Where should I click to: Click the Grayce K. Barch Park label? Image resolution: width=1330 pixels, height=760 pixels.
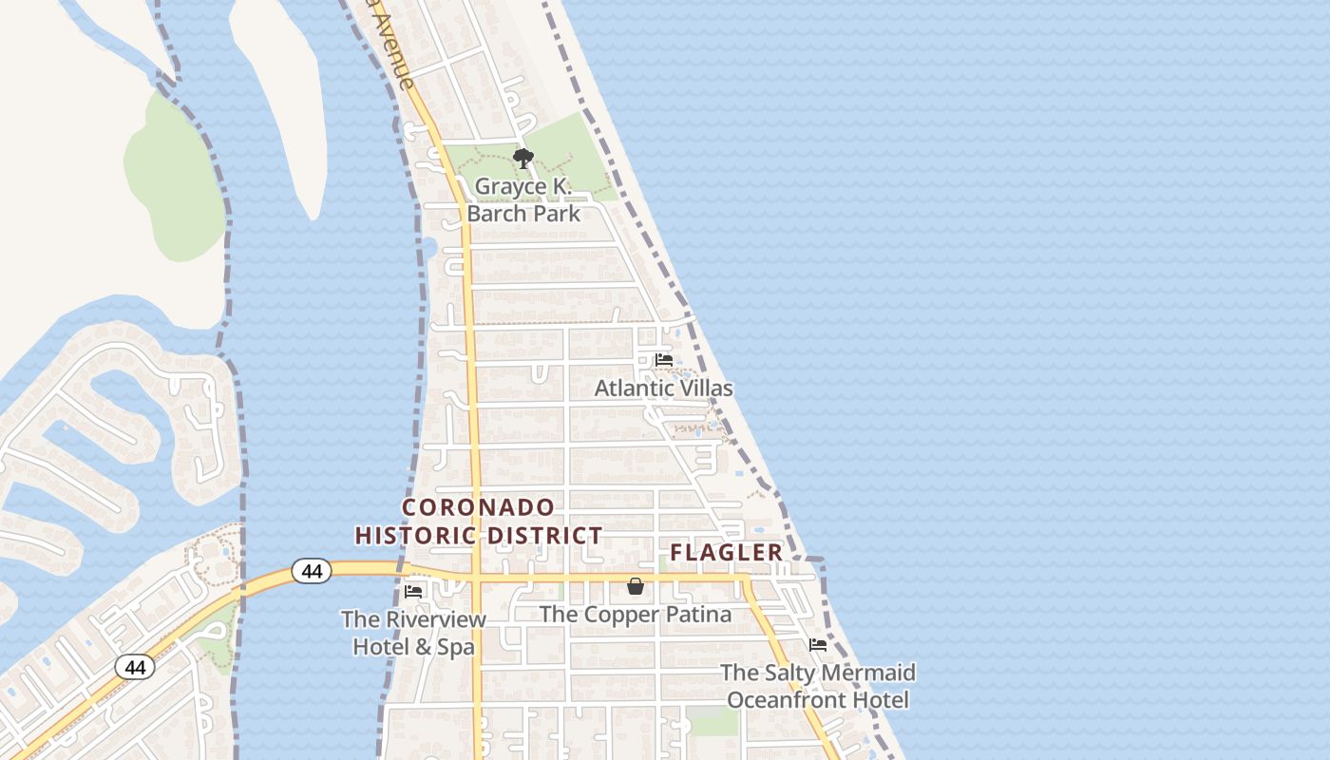pyautogui.click(x=523, y=199)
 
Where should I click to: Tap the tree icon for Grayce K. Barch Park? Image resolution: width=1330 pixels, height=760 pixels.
pyautogui.click(x=522, y=158)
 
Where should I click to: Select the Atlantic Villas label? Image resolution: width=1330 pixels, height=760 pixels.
pyautogui.click(x=663, y=388)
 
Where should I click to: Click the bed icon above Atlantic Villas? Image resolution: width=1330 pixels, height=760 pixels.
pyautogui.click(x=664, y=360)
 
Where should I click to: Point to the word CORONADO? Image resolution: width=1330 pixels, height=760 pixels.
pyautogui.click(x=478, y=507)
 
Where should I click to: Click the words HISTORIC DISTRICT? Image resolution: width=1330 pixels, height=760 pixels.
pyautogui.click(x=479, y=536)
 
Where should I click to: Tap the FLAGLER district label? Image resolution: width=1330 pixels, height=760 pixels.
pyautogui.click(x=726, y=552)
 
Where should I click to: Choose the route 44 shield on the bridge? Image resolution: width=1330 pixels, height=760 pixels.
pyautogui.click(x=311, y=571)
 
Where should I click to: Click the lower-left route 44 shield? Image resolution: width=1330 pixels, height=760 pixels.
pyautogui.click(x=135, y=667)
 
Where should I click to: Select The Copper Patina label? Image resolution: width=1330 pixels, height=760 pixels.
pyautogui.click(x=636, y=615)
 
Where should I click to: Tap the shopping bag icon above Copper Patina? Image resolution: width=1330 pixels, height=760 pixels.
pyautogui.click(x=636, y=587)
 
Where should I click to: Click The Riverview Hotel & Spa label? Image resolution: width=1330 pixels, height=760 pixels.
pyautogui.click(x=413, y=634)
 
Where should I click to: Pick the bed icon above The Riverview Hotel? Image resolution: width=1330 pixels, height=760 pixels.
pyautogui.click(x=413, y=591)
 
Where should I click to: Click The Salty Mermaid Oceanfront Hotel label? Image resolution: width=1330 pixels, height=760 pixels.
pyautogui.click(x=818, y=686)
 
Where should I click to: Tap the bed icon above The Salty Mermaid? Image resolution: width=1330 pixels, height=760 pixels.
pyautogui.click(x=817, y=645)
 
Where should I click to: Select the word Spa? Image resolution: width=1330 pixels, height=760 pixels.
pyautogui.click(x=456, y=647)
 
